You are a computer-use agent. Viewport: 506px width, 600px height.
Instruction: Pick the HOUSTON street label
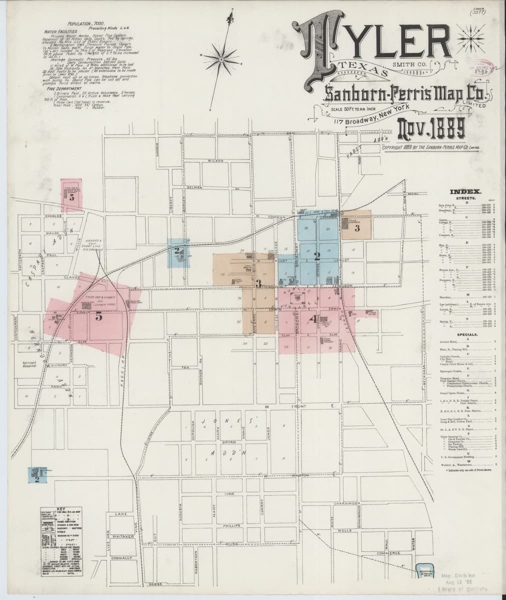(299, 475)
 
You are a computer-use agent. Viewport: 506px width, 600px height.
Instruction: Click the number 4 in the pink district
(313, 318)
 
